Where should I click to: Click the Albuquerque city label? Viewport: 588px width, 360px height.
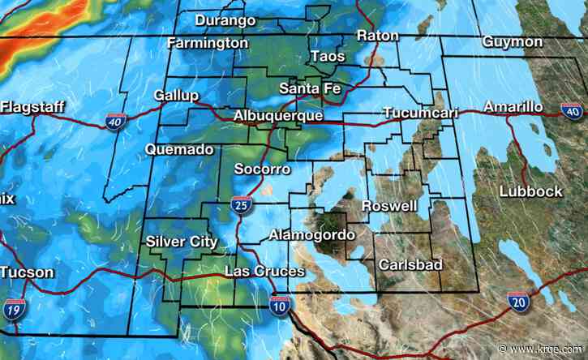point(277,116)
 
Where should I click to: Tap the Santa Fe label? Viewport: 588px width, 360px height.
point(309,88)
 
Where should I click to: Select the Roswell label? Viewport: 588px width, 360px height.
point(389,205)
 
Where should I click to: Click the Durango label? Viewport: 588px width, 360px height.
point(226,19)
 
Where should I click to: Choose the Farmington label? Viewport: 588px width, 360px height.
point(208,41)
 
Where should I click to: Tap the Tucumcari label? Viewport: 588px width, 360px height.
point(420,112)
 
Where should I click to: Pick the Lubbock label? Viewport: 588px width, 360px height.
point(530,191)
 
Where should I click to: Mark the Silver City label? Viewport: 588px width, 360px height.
point(182,241)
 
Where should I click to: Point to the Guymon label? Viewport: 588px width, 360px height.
point(512,41)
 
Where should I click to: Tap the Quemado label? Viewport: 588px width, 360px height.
point(179,149)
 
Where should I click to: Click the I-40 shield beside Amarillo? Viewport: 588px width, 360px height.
point(571,110)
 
